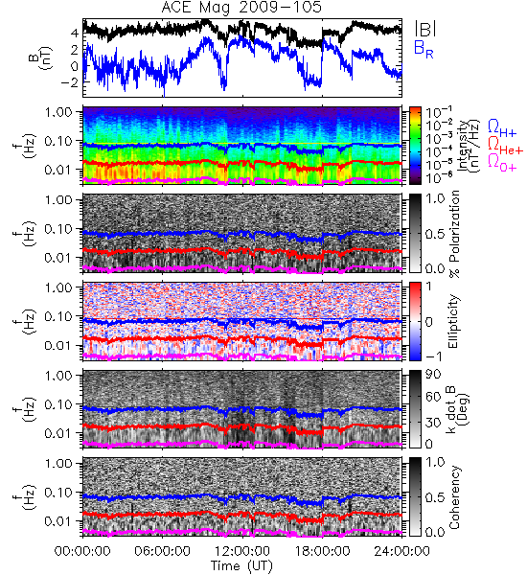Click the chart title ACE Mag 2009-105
241,8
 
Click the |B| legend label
425,28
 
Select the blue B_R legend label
424,49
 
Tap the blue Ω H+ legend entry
502,128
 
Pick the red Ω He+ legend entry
505,146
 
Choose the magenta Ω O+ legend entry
502,163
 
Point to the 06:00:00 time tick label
162,551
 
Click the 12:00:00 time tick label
242,551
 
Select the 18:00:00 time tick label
322,551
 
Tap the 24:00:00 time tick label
401,551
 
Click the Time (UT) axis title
241,565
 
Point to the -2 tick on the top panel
70,82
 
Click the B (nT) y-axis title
40,57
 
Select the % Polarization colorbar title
454,234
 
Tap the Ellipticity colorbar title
453,321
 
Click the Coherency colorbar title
454,497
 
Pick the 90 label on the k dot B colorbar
432,375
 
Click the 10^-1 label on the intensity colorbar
434,112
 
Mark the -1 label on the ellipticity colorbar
433,356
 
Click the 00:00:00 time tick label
82,551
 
